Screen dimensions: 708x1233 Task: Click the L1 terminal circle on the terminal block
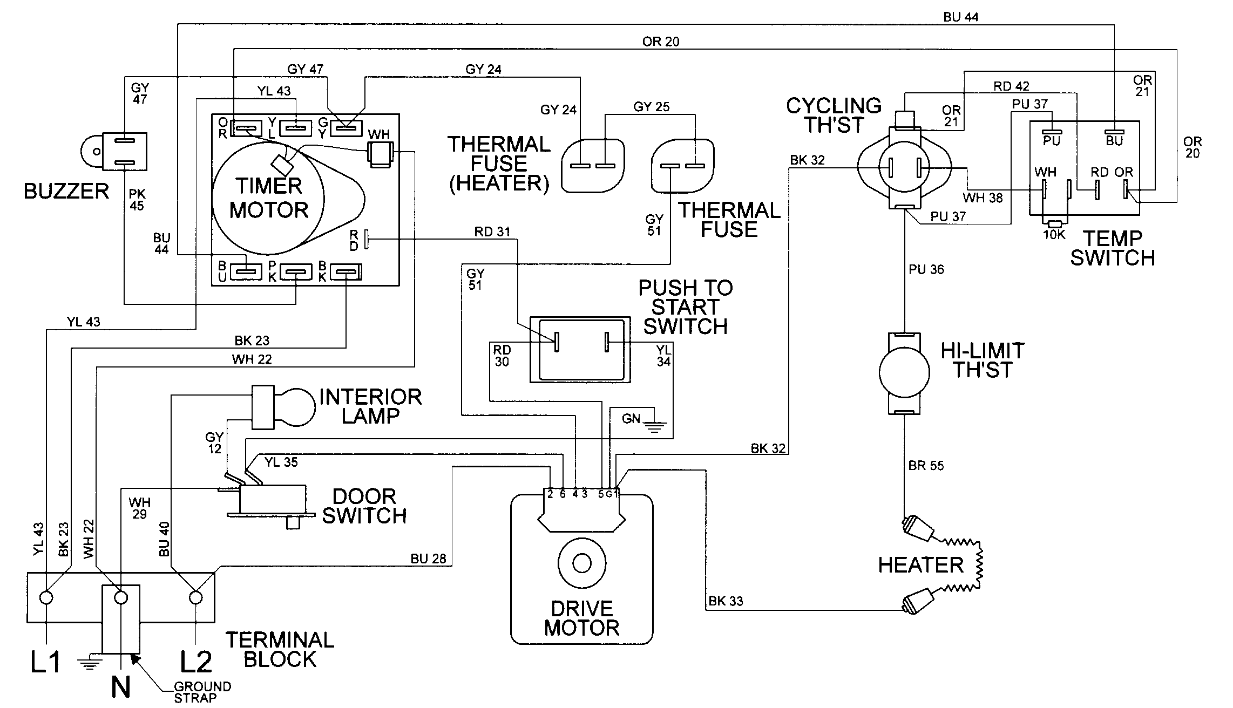[47, 597]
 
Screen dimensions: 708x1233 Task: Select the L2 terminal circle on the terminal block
[195, 597]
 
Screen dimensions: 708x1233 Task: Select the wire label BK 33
[726, 601]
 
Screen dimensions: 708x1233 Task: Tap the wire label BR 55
[926, 465]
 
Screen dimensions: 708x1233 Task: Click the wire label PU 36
[926, 269]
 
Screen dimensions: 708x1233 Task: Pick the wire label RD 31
[492, 232]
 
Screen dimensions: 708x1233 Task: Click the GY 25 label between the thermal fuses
[651, 107]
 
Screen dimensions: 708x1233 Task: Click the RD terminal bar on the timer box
[367, 239]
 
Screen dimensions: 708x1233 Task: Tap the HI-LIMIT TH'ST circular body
[904, 372]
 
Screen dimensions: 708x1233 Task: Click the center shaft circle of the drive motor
[581, 563]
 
